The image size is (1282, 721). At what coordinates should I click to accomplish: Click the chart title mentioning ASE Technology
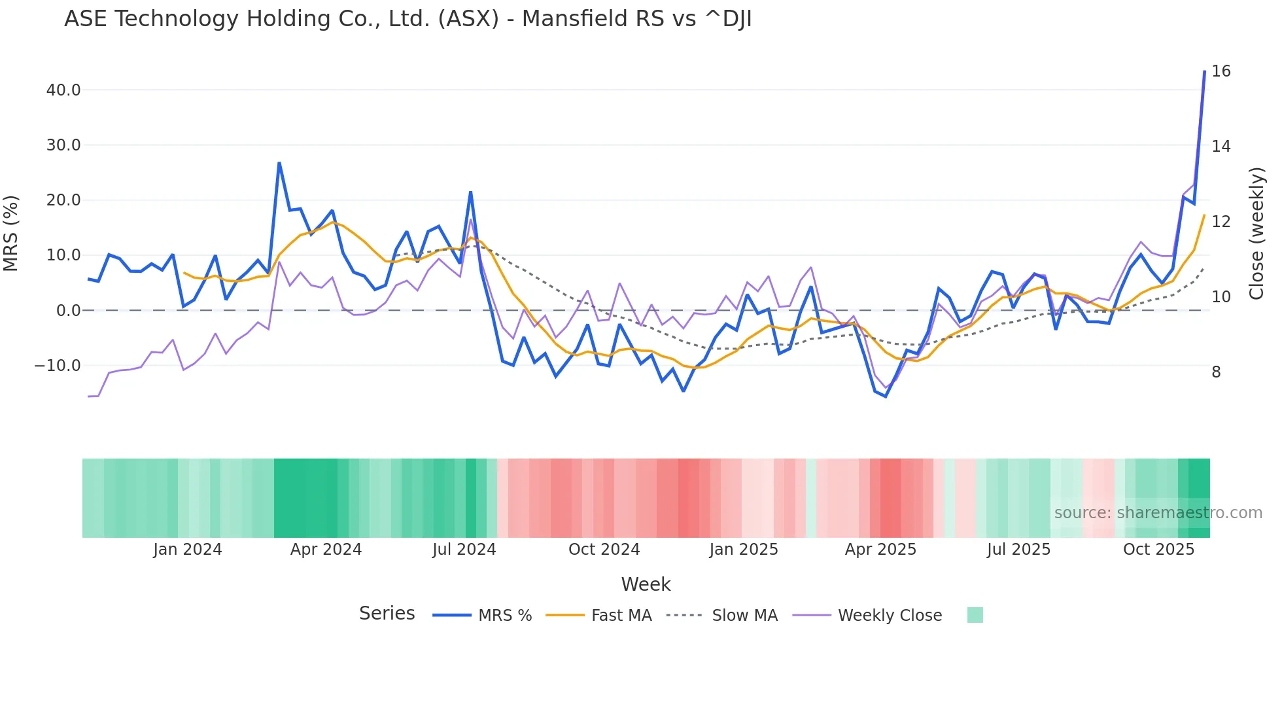[407, 19]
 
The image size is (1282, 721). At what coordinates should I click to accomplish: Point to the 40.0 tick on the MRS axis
[63, 90]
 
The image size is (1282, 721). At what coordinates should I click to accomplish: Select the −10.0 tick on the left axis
[58, 365]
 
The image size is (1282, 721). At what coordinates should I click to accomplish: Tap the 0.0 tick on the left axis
[68, 310]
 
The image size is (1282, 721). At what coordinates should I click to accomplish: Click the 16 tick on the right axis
[1221, 71]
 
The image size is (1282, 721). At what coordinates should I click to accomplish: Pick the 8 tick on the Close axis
[1216, 372]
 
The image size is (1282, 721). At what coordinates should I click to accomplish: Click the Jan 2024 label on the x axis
[188, 549]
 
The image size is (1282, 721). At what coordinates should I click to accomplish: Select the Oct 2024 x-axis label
[604, 549]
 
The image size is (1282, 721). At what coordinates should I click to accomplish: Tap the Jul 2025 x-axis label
[1018, 549]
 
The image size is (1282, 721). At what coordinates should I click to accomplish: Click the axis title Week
[646, 584]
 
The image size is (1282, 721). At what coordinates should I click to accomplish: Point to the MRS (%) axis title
[11, 233]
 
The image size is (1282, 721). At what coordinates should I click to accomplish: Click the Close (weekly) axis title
[1256, 233]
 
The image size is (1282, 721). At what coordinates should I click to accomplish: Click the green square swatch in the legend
[975, 615]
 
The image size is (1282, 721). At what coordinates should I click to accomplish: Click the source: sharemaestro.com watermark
[1158, 512]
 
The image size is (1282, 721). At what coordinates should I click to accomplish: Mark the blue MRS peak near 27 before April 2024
[279, 163]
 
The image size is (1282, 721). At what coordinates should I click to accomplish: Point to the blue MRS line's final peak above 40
[1204, 71]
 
